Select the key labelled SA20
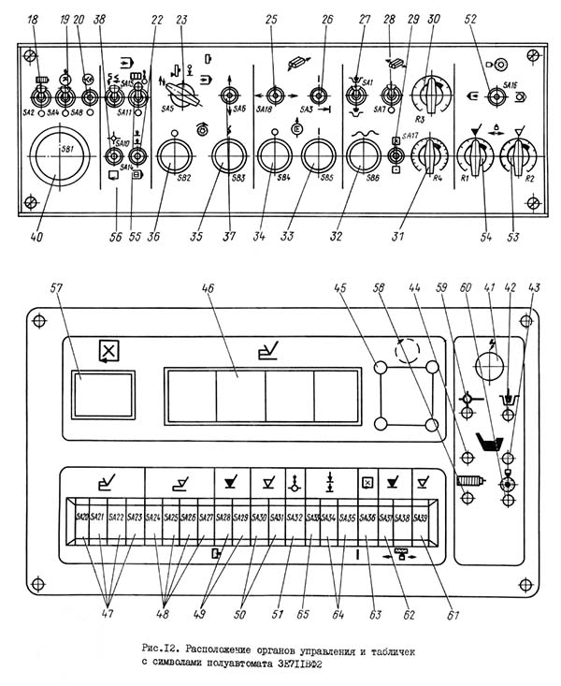tap(82, 517)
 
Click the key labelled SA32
tap(293, 517)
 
